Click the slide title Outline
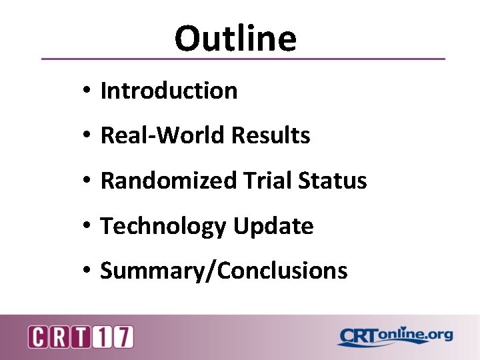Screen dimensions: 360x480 (x=235, y=38)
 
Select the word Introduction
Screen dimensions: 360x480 (x=169, y=91)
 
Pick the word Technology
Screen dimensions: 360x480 (x=163, y=227)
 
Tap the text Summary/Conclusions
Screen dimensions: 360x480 (x=223, y=271)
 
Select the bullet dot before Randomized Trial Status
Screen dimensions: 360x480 (x=87, y=181)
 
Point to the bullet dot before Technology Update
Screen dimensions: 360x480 (x=87, y=227)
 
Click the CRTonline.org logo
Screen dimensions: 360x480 (x=395, y=336)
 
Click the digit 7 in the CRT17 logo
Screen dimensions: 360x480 (x=123, y=337)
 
